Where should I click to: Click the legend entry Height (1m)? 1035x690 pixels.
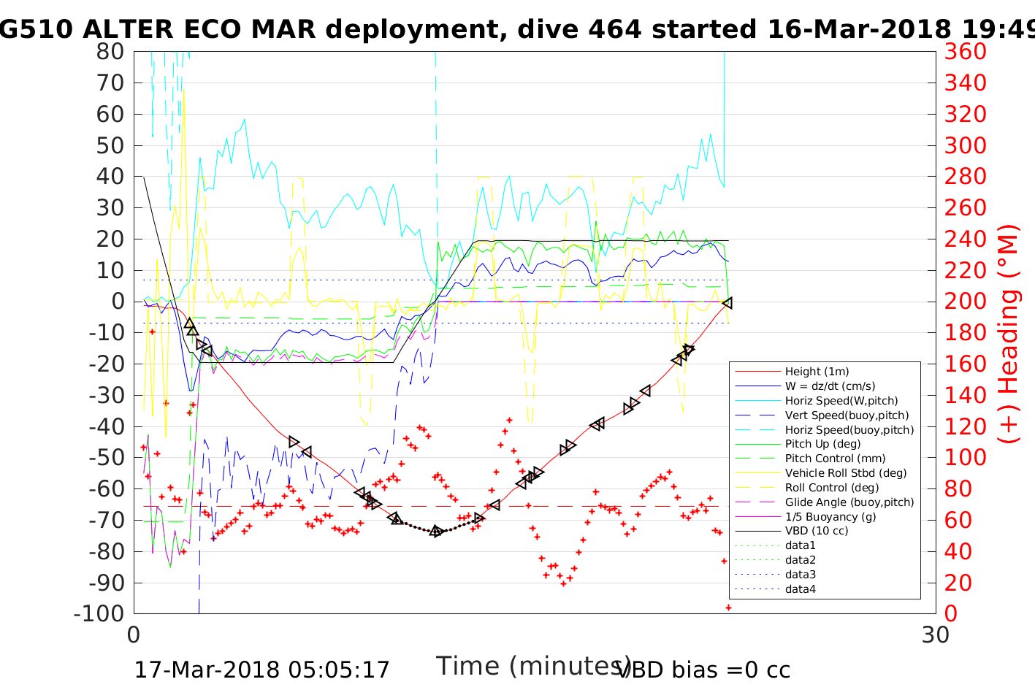(x=817, y=372)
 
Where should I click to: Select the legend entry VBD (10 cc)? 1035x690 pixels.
(x=817, y=531)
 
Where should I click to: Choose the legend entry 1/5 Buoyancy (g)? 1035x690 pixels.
(x=830, y=516)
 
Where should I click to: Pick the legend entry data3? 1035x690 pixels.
(x=801, y=575)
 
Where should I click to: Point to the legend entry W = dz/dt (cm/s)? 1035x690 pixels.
(x=830, y=386)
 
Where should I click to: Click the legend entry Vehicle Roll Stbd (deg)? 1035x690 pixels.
(x=846, y=473)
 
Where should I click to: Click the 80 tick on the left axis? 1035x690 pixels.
(x=110, y=52)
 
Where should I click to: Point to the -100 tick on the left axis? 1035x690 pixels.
(x=99, y=613)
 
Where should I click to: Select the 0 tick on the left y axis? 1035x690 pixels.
(x=118, y=302)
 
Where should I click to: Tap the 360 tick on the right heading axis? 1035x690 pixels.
(x=965, y=52)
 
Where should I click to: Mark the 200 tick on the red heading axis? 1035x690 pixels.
(x=965, y=302)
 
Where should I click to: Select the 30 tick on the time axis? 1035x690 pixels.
(x=936, y=635)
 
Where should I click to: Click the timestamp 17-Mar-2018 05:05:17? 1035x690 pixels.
(x=262, y=670)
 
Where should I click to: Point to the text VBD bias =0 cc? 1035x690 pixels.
(x=703, y=670)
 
